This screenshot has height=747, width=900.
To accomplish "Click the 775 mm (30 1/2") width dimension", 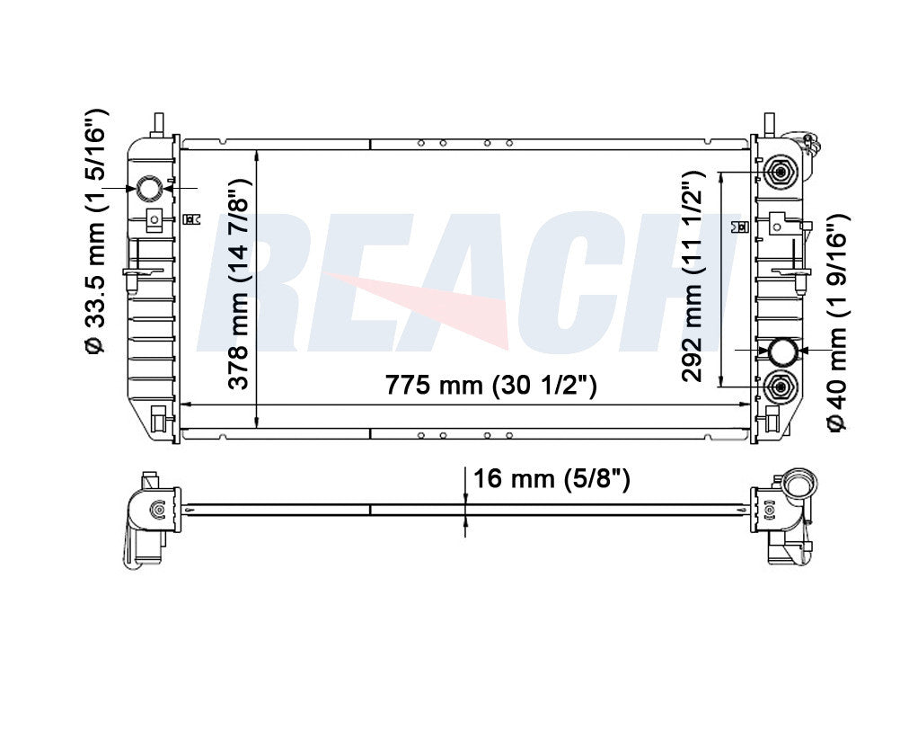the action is pyautogui.click(x=490, y=385).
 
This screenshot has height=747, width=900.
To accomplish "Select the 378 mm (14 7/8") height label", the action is pyautogui.click(x=239, y=284).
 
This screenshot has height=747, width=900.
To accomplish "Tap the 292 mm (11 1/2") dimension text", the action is pyautogui.click(x=693, y=276).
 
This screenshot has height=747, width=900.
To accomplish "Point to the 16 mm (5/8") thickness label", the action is pyautogui.click(x=551, y=478).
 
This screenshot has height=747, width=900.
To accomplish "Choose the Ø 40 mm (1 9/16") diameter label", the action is pyautogui.click(x=836, y=322).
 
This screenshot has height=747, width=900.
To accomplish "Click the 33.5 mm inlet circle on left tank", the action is pyautogui.click(x=150, y=188).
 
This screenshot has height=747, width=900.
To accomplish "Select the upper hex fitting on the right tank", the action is pyautogui.click(x=780, y=172).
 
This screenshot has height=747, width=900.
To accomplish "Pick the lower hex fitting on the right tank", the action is pyautogui.click(x=780, y=387).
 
